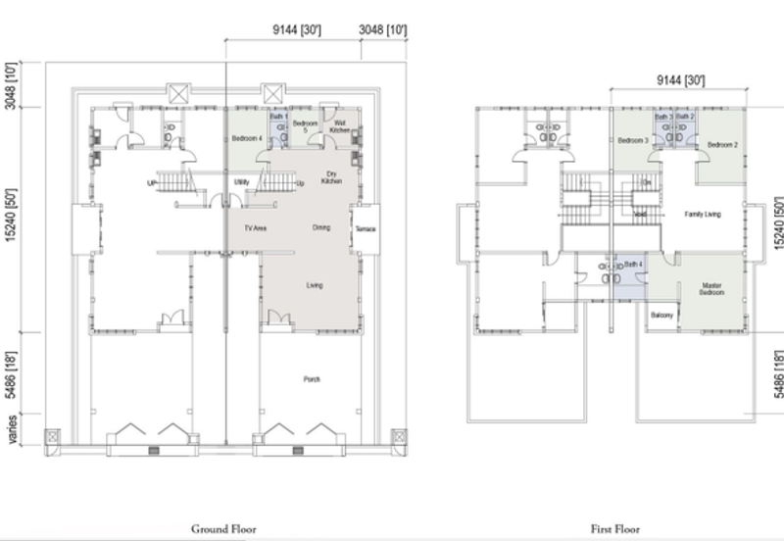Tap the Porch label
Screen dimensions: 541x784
[312, 379]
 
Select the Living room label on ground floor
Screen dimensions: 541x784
[315, 285]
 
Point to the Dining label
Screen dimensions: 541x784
[320, 228]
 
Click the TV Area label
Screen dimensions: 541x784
[257, 228]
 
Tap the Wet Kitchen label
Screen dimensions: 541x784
[339, 126]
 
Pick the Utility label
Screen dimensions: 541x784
[241, 182]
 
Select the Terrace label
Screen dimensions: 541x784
[367, 229]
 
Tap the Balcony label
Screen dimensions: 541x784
[661, 316]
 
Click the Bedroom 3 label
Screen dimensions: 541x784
[635, 141]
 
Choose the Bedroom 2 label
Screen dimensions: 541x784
[722, 144]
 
